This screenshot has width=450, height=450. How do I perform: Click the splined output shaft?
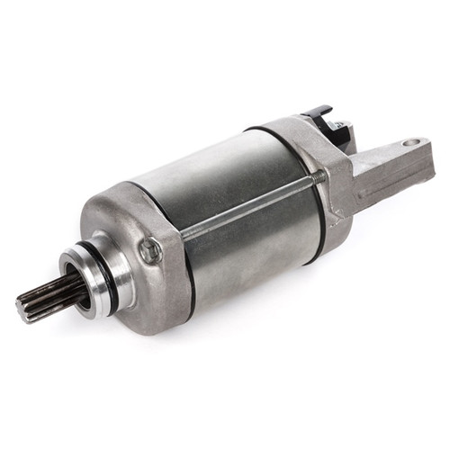pyautogui.click(x=45, y=298)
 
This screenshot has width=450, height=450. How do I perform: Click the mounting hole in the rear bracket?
pyautogui.click(x=411, y=142)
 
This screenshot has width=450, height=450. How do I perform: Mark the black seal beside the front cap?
pyautogui.click(x=184, y=261)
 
